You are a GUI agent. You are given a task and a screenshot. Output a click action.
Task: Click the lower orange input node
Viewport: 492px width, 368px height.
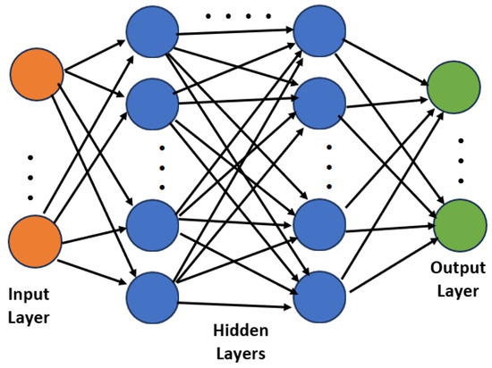tap(35, 240)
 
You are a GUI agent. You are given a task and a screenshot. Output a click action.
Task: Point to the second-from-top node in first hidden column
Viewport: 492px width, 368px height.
tap(153, 105)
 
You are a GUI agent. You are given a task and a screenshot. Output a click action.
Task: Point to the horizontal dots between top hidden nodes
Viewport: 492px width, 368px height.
tap(238, 16)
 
